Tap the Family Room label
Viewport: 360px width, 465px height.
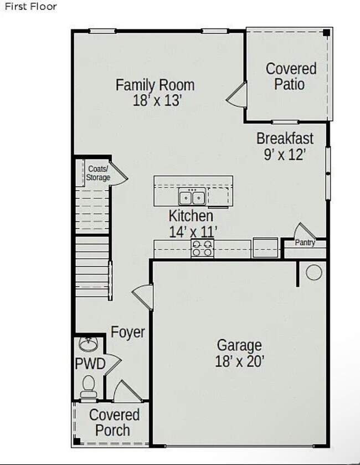coord(155,85)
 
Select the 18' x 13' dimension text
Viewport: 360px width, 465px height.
coord(157,100)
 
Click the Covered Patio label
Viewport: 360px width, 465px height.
coord(291,76)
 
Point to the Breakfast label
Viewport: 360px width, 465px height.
coord(285,138)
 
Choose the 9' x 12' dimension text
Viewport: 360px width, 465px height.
coord(285,154)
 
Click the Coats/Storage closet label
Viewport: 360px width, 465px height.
coord(98,173)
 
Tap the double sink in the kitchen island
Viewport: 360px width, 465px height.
coord(192,196)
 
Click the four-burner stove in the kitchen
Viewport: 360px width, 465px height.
coord(202,248)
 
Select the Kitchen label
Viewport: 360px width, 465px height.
coord(191,216)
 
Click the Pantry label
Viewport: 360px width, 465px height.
coord(305,243)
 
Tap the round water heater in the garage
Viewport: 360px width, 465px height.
coord(314,273)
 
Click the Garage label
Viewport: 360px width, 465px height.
coord(239,345)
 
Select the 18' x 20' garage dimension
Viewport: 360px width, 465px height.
coord(239,361)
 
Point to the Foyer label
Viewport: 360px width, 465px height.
coord(128,332)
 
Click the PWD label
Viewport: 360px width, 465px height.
coord(90,364)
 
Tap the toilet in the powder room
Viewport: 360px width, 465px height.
coord(88,385)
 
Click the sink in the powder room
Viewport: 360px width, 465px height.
coord(88,344)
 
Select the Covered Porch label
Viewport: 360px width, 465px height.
coord(114,422)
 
